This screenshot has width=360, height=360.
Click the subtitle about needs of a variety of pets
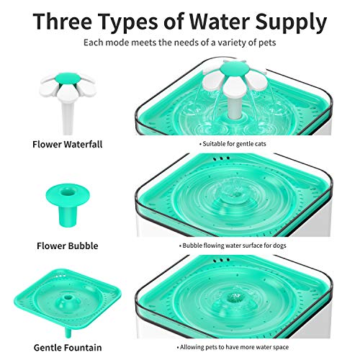[x=179, y=44]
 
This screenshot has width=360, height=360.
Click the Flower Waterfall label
[x=68, y=144]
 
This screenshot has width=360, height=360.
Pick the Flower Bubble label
[x=68, y=246]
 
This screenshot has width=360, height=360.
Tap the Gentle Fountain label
[x=68, y=346]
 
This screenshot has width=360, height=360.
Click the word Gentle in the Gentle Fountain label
[x=48, y=346]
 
